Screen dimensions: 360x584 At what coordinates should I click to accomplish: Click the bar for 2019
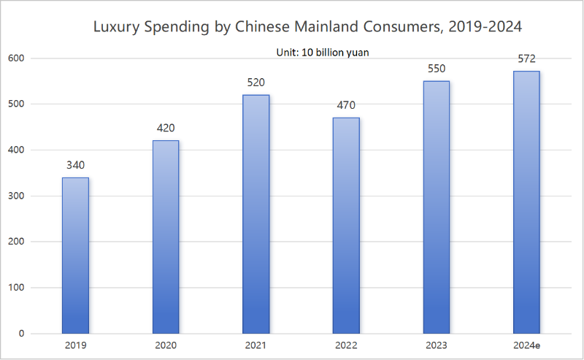75,256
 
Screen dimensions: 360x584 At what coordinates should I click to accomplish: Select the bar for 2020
166,237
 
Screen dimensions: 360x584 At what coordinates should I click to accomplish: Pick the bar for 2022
346,226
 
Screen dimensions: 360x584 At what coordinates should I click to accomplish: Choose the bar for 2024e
526,202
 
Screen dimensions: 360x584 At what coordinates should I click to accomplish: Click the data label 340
75,165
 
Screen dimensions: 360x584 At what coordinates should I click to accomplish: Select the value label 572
526,58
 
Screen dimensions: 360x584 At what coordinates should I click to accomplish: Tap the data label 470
346,105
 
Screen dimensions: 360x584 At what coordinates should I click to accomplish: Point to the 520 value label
256,83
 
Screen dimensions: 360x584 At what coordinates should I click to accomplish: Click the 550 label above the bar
437,69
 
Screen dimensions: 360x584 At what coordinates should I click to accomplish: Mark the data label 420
166,128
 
